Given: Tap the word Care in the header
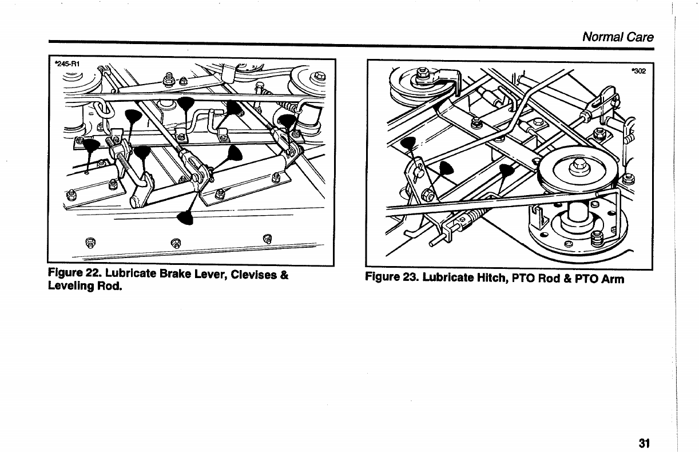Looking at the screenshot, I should point(640,37).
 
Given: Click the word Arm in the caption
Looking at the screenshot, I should point(612,279).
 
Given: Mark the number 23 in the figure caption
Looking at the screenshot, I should point(408,279).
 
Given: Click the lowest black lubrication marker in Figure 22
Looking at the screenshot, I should point(185,217).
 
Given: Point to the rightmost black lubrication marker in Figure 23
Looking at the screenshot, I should point(507,170).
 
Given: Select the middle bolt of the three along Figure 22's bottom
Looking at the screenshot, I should point(176,239).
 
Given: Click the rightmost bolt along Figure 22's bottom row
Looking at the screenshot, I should point(266,237).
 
